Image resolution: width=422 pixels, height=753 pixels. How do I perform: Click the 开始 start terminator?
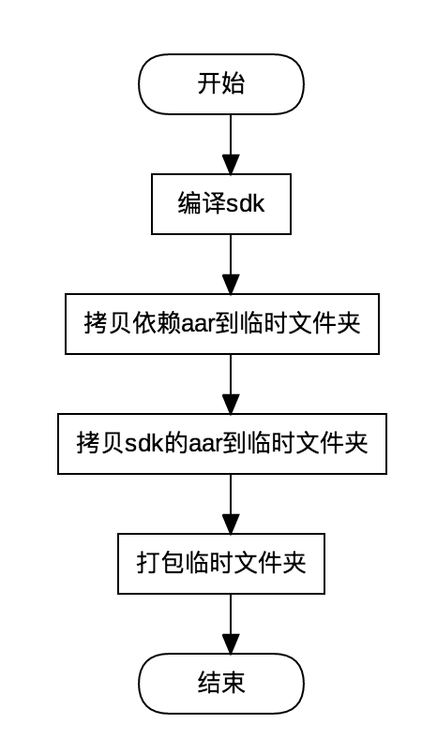coord(221,84)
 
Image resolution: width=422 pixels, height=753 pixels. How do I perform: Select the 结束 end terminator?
coord(221,684)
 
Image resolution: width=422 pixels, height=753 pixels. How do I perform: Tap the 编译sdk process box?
coord(221,204)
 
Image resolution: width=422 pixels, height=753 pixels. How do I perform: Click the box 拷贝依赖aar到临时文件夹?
coord(222,324)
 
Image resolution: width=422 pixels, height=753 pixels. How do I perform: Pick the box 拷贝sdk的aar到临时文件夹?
coord(222,444)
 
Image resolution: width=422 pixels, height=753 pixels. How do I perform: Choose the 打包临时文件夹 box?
coord(221,563)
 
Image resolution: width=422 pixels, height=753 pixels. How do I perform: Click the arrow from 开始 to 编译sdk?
coord(231,144)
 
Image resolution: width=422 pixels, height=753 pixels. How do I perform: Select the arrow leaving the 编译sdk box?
coord(231,264)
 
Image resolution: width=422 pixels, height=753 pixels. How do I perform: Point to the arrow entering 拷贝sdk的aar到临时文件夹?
coord(231,384)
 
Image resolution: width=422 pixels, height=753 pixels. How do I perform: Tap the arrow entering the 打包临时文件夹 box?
coord(231,504)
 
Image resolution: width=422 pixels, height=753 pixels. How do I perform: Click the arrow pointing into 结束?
coord(231,624)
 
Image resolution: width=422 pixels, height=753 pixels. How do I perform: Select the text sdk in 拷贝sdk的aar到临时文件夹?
coord(144,444)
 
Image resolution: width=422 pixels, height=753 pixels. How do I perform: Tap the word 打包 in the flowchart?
coord(160,563)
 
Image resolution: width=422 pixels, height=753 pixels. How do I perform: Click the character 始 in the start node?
coord(234,84)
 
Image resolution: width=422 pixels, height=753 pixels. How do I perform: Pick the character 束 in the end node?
coord(234,684)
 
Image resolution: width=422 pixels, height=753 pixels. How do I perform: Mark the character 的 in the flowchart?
coord(176,444)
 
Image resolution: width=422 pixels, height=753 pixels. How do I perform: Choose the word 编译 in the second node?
coord(202,204)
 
